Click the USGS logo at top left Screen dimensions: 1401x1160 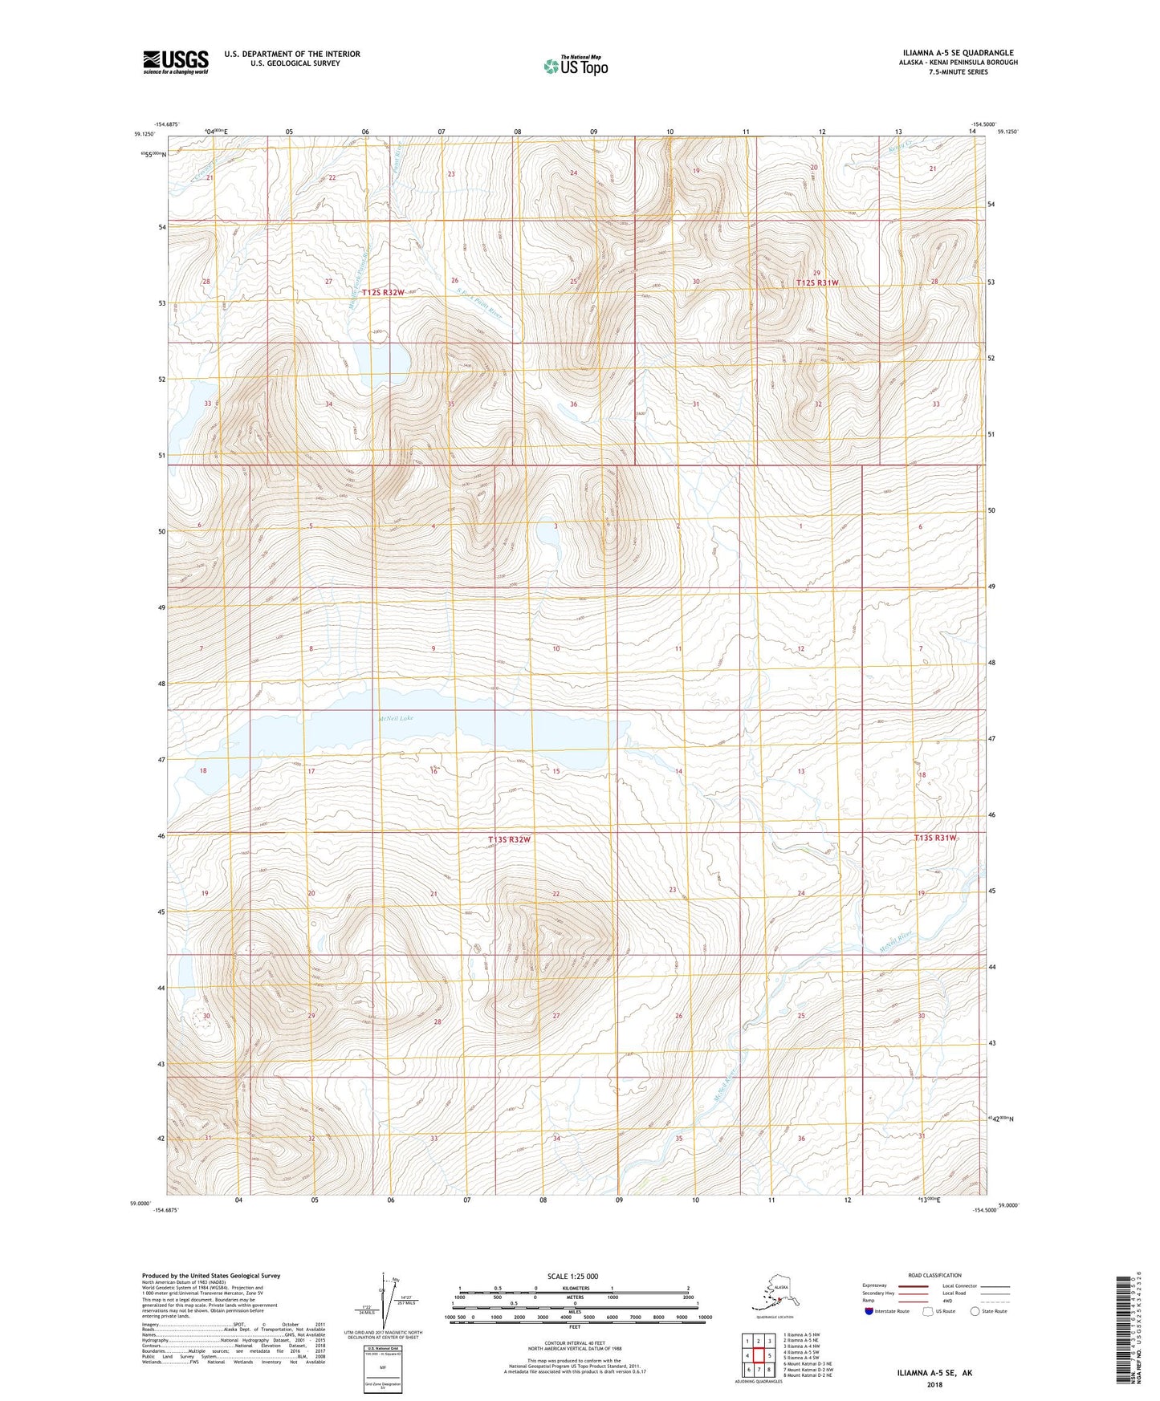pos(175,62)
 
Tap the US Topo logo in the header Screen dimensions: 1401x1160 pos(575,66)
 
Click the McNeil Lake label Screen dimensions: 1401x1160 pos(395,718)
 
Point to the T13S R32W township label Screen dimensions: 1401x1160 pos(510,839)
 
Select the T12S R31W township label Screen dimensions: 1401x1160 pos(817,282)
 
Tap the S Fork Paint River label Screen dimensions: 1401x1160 pos(478,306)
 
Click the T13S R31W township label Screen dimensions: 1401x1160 pos(935,838)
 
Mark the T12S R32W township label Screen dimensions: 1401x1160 pos(383,293)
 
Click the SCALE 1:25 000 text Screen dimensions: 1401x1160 pos(572,1276)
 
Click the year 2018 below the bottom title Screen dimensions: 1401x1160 pos(934,1384)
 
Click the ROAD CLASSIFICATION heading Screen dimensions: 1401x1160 pos(935,1275)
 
